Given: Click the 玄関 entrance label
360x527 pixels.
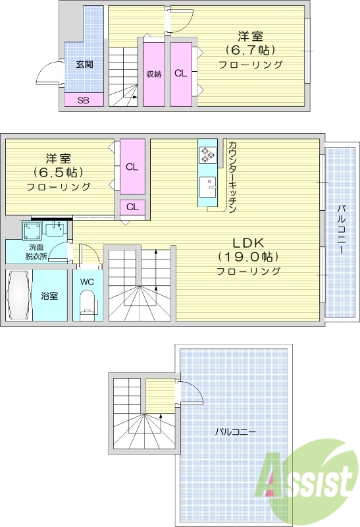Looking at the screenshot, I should pos(84,65).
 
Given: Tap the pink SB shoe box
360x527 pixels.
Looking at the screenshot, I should pos(84,100).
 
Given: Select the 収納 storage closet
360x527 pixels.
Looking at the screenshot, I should pos(154,74).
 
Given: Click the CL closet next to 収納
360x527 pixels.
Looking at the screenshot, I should pos(180,74).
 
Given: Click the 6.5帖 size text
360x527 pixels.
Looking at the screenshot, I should pos(59,173).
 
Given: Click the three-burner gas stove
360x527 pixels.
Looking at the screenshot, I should pos(208,155).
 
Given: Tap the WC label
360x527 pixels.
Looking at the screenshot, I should pos(87,282).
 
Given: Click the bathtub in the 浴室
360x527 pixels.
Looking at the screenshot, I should pos(19,296).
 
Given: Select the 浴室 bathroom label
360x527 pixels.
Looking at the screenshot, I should pos(49,296).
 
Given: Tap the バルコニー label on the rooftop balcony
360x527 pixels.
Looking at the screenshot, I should pos(234,431).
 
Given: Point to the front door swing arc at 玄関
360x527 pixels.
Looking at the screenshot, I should pos(46,71).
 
